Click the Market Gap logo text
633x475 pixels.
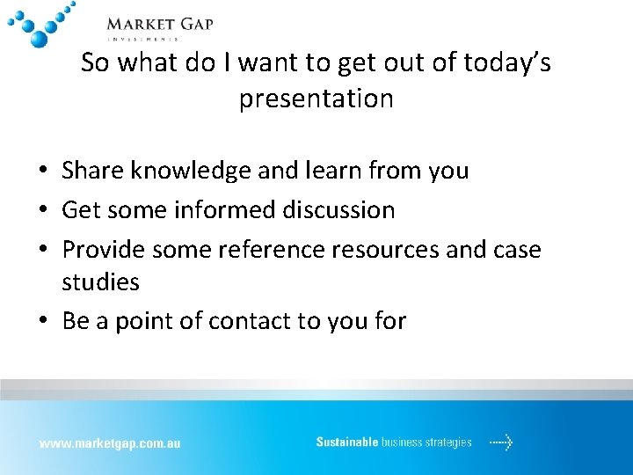point(159,25)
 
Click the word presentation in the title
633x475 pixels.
point(316,99)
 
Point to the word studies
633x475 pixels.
point(100,282)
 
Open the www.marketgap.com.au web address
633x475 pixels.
point(109,443)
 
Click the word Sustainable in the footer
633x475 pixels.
point(347,442)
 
